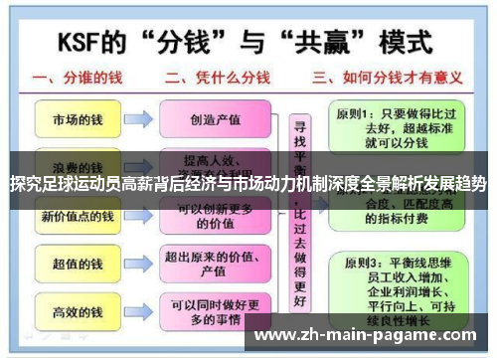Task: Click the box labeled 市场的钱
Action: tap(78, 119)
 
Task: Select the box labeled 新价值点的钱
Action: tap(78, 216)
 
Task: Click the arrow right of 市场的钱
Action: tap(139, 119)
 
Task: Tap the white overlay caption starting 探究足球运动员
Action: tap(248, 184)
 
